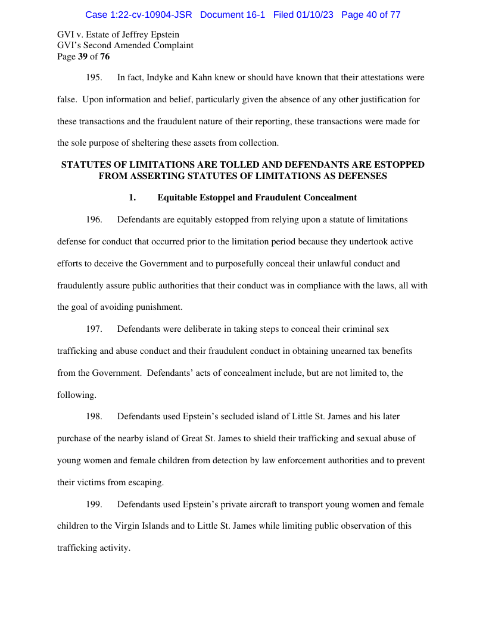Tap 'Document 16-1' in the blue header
pos(232,15)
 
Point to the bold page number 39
pos(83,56)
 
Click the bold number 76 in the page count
pos(104,56)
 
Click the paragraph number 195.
pos(95,77)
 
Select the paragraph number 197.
pos(95,329)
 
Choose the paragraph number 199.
pos(95,504)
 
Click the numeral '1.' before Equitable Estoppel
pos(133,197)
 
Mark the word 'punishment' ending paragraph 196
pos(160,307)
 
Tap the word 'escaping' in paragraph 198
pos(145,482)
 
